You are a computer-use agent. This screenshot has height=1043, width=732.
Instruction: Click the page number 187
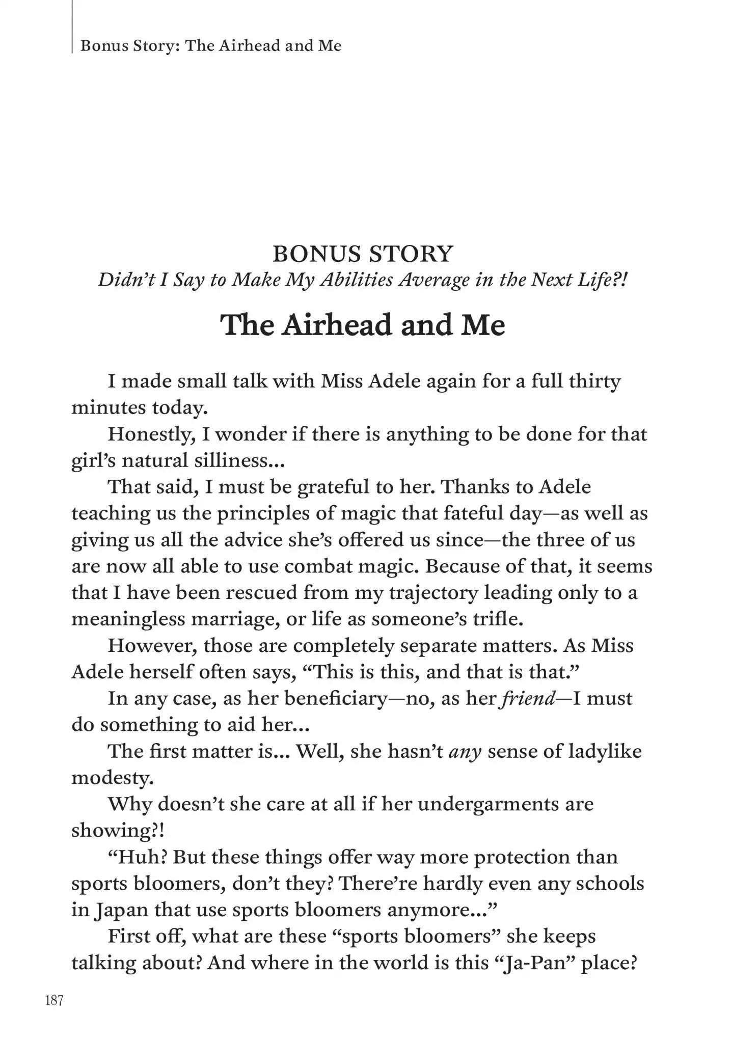point(55,1001)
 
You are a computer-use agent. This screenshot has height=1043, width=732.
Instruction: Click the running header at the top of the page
point(211,46)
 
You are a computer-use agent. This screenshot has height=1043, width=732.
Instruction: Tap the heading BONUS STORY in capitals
point(363,254)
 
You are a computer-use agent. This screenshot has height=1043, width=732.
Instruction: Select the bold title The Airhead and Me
point(363,324)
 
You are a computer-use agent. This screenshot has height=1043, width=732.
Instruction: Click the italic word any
point(465,752)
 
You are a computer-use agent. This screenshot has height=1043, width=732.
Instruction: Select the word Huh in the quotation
point(137,858)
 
